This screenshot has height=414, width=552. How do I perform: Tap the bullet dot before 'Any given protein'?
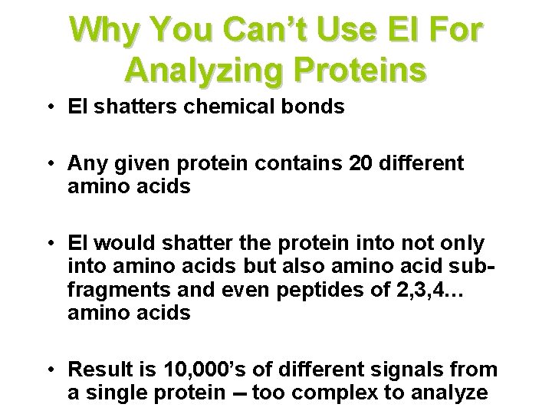coord(49,163)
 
